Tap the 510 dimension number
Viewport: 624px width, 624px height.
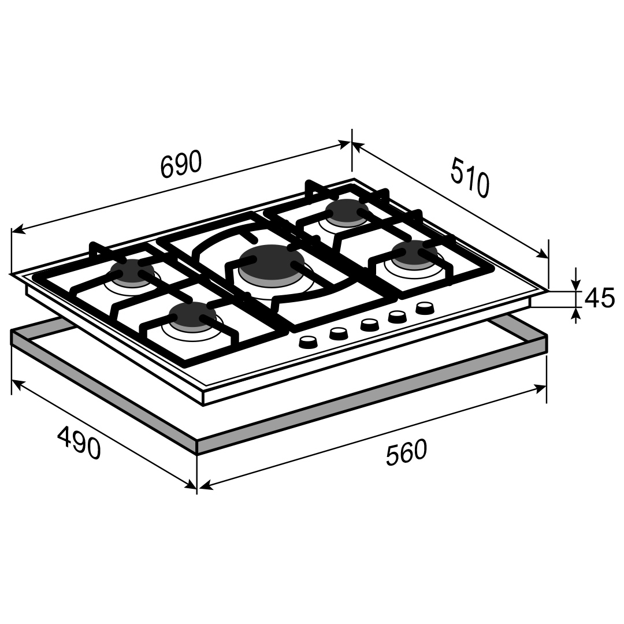[x=470, y=177]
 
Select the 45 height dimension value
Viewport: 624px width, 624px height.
[x=600, y=298]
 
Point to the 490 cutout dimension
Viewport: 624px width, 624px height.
[x=79, y=442]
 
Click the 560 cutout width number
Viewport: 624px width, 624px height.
[x=406, y=452]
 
